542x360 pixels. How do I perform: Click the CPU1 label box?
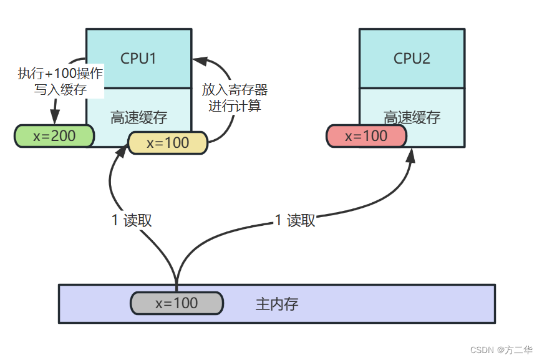[x=138, y=58]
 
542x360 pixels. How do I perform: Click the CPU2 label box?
[x=412, y=58]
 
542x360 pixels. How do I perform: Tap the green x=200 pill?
[x=54, y=135]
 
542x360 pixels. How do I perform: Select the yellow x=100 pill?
[x=167, y=142]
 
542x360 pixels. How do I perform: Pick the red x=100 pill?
[x=366, y=135]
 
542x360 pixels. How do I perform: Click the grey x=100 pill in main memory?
[x=177, y=303]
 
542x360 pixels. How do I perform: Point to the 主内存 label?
[x=277, y=304]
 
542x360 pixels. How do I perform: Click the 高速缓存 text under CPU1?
[x=138, y=117]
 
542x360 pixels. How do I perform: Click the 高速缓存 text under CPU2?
[x=412, y=117]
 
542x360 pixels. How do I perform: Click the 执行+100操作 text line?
[x=60, y=74]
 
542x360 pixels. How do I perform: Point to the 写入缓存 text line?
[x=60, y=89]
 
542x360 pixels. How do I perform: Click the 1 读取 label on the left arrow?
[x=132, y=220]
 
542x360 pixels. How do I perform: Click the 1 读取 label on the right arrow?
[x=295, y=220]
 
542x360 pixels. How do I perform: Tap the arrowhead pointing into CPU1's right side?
[x=198, y=61]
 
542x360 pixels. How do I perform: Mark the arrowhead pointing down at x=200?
[x=54, y=118]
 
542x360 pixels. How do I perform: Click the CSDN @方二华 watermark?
[x=501, y=349]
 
